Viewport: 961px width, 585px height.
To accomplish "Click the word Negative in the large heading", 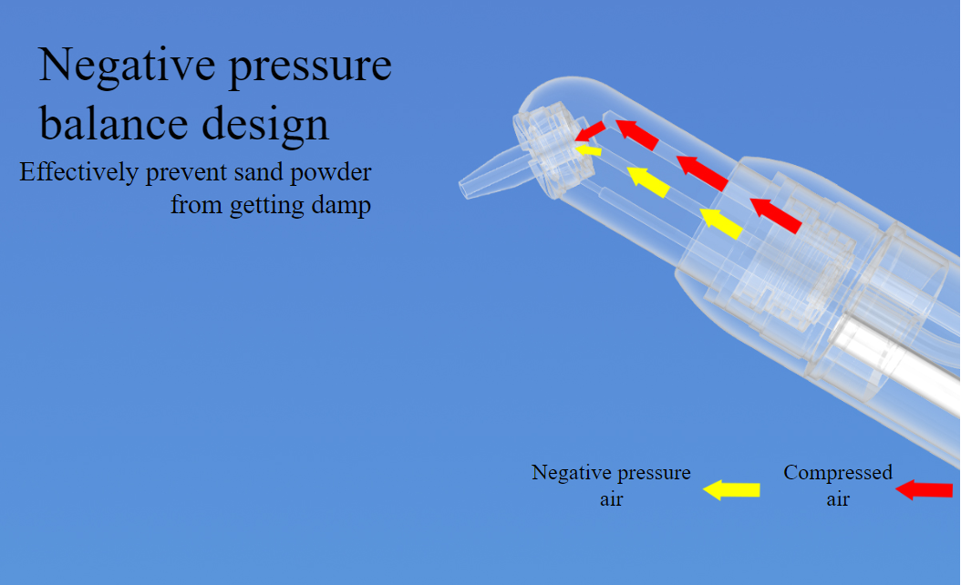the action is coord(127,65).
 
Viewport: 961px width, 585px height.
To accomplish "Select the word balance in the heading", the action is coord(113,123).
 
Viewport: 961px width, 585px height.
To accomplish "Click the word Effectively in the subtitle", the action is coord(79,173).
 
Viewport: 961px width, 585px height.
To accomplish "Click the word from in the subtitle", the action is coord(197,205).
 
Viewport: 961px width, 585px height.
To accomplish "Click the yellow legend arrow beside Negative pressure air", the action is coord(731,490).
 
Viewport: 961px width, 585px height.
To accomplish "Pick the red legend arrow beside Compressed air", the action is coord(925,490).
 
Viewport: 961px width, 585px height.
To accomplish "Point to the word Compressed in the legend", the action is coord(838,474).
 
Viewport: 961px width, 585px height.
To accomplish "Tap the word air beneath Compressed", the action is coord(838,499).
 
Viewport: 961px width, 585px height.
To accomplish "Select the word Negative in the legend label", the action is coord(571,473).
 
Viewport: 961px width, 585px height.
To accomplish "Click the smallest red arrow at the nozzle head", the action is coord(590,131).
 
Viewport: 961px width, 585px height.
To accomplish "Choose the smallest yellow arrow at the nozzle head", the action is coord(588,149).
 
